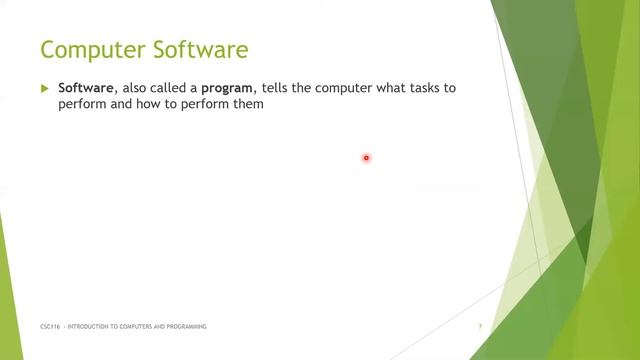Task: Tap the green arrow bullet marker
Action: pos(44,88)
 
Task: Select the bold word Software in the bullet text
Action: pos(85,88)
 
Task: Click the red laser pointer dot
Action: pos(366,157)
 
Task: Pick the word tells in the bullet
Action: pos(292,88)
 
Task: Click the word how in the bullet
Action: pos(142,104)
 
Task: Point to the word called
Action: pos(177,88)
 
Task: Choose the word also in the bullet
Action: pos(137,88)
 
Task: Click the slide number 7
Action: pos(480,327)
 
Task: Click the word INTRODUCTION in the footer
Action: pos(93,327)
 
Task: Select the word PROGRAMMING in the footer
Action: pos(184,327)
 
